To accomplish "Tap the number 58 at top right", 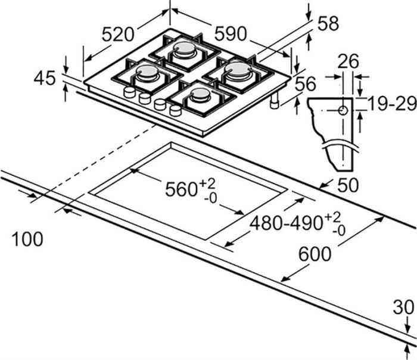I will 328,23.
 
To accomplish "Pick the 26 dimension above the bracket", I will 349,61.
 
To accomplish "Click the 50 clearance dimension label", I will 347,185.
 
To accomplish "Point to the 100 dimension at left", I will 27,240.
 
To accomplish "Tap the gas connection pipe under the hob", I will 275,103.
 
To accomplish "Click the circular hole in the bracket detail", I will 343,111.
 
